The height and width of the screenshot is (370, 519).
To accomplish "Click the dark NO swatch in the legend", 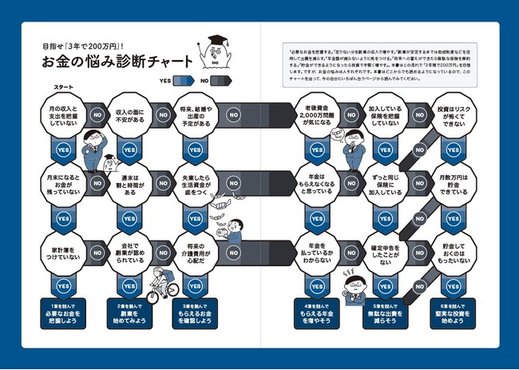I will pos(221,80).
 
